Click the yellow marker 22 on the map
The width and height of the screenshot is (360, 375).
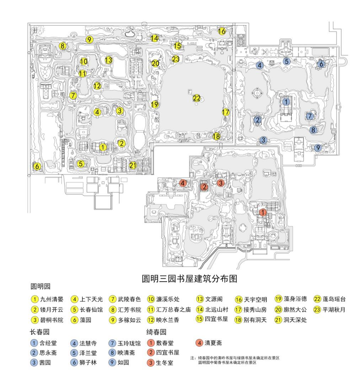(197, 98)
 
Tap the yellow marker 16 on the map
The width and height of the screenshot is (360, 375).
(222, 31)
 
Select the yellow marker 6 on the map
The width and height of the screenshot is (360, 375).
(37, 166)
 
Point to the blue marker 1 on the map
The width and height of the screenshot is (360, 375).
(286, 101)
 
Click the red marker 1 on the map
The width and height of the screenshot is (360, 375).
(263, 212)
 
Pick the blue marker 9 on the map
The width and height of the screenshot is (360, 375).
(318, 147)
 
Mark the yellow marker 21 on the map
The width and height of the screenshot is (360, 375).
(133, 165)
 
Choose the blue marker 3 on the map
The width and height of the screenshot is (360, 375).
(263, 140)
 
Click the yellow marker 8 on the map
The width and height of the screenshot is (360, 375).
(63, 46)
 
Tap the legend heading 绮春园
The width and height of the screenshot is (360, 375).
(156, 332)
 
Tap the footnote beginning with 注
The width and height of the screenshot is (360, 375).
(235, 360)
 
